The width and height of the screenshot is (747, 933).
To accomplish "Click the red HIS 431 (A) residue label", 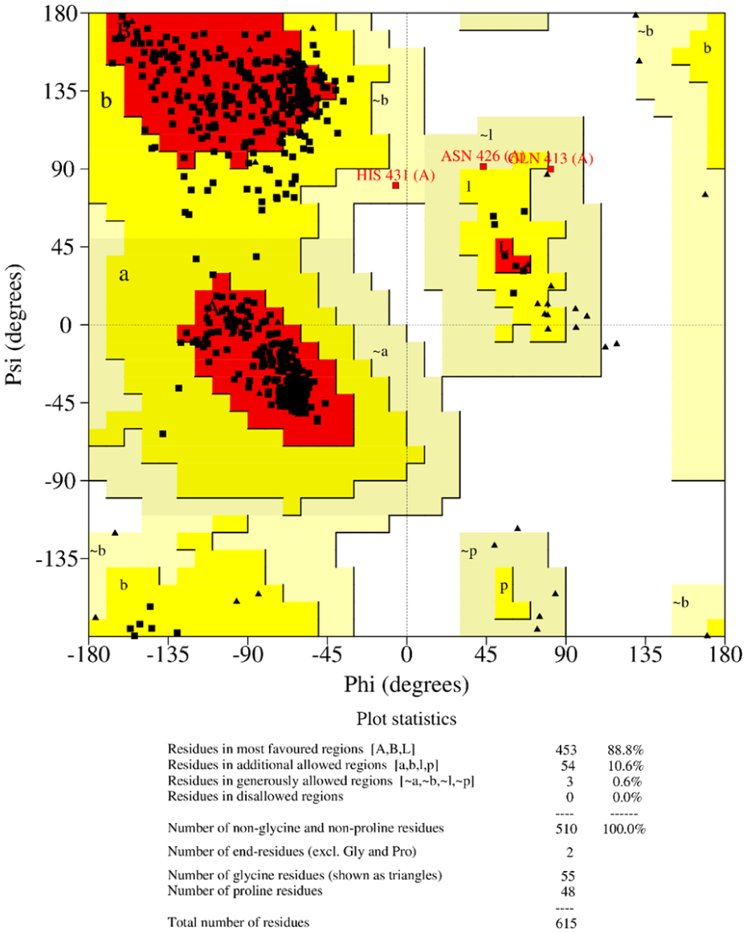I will tap(396, 175).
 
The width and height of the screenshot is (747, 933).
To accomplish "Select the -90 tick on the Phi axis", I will tap(247, 654).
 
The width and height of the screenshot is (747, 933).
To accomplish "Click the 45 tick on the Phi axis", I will tap(486, 654).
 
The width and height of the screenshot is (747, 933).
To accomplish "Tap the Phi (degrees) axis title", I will tap(406, 686).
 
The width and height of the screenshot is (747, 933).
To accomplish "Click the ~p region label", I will tap(468, 552).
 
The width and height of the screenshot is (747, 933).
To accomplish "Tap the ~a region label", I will tap(380, 351).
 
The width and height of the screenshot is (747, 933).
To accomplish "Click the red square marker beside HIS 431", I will tap(396, 185).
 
